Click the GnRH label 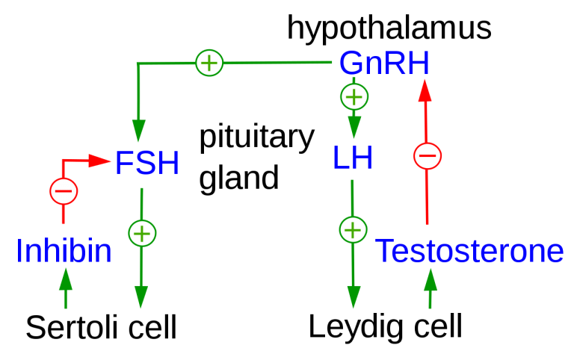(x=384, y=63)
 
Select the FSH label (x=146, y=164)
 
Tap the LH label (x=353, y=158)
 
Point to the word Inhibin (x=64, y=252)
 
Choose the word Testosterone (x=469, y=252)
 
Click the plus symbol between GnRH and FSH (x=209, y=63)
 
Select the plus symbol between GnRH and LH (x=354, y=96)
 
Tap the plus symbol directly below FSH (x=142, y=233)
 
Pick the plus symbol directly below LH (x=354, y=229)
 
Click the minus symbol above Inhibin (x=64, y=191)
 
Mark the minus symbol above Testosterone (x=428, y=156)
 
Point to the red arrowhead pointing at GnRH (x=425, y=90)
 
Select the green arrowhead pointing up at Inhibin (x=66, y=278)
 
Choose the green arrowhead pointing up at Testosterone (x=430, y=278)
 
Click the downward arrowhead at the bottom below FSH (x=141, y=297)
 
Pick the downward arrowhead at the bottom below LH (x=354, y=297)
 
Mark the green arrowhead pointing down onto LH (x=354, y=128)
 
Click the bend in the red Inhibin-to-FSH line (x=64, y=160)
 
